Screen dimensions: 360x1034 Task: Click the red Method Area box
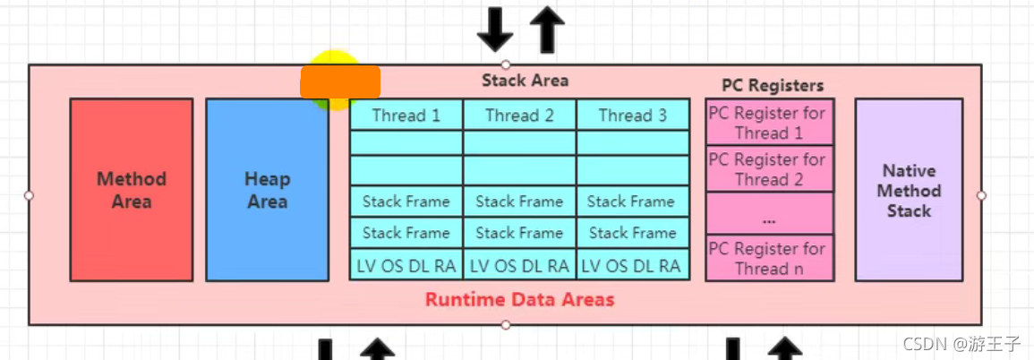(132, 190)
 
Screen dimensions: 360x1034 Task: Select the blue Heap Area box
(267, 190)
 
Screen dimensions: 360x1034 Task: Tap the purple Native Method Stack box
(909, 190)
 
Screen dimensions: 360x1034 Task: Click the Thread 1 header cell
(406, 116)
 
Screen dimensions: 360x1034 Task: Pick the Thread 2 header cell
(519, 116)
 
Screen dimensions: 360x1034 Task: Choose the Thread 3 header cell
(632, 116)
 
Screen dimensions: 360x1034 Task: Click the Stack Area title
(525, 80)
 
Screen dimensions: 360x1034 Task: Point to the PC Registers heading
(773, 86)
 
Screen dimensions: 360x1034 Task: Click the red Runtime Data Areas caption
(519, 299)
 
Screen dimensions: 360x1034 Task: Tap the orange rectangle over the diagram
(340, 81)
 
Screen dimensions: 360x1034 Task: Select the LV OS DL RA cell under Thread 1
(406, 265)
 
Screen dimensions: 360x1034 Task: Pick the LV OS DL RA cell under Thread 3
(632, 265)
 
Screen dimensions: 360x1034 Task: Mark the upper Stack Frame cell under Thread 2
(519, 201)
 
